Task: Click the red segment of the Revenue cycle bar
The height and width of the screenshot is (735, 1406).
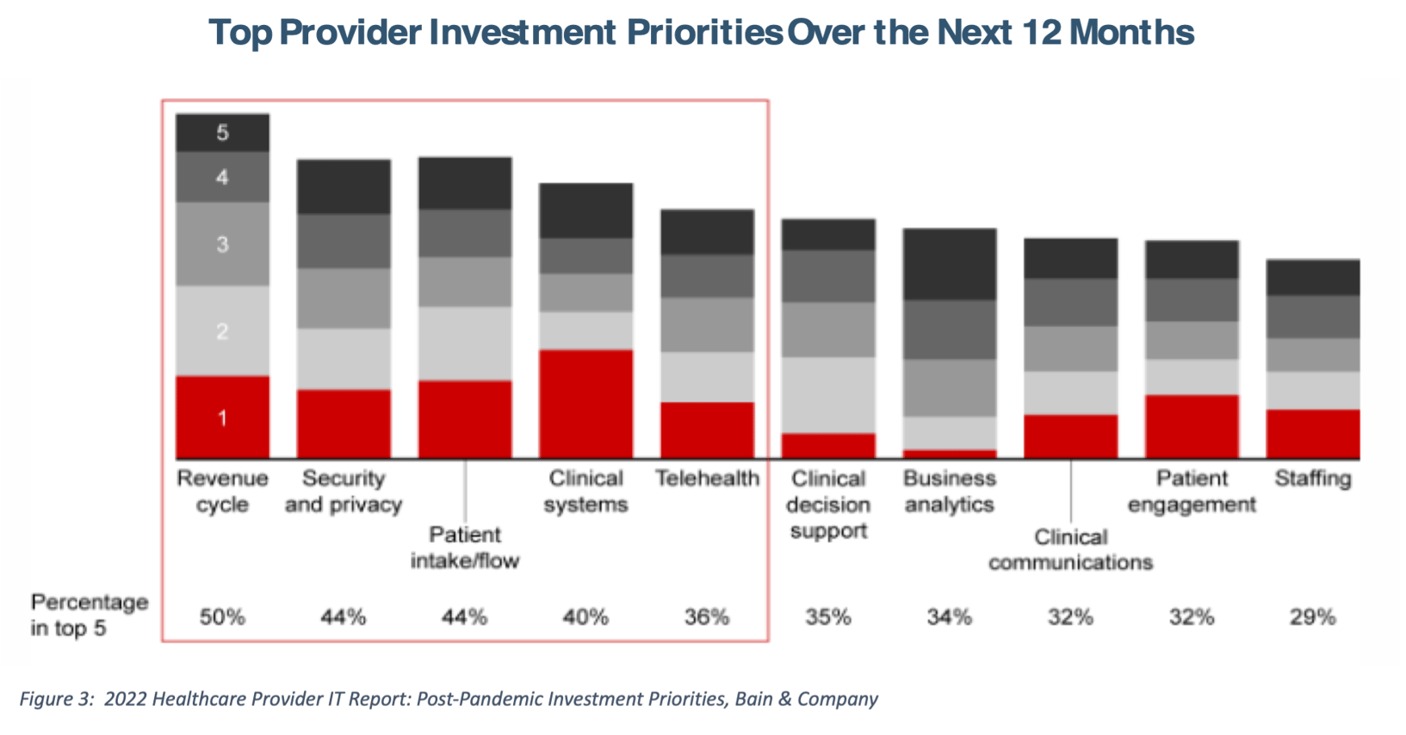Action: (222, 417)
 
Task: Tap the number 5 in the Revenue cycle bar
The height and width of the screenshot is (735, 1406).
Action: (222, 133)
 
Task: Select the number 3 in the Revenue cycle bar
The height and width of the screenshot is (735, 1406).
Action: (222, 244)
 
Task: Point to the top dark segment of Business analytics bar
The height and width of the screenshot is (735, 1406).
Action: (949, 264)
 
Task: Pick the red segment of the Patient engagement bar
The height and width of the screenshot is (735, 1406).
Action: (1192, 426)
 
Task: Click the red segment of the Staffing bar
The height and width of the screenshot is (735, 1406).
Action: (1312, 433)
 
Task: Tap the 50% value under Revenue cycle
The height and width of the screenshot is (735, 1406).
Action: (222, 617)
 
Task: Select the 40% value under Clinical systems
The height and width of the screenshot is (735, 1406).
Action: (585, 617)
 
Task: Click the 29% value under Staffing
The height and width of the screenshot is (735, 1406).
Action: (1312, 617)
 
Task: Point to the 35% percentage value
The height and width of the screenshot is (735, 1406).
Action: (827, 617)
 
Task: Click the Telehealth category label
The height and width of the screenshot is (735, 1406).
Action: (707, 479)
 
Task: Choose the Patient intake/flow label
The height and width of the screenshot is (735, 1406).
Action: (465, 547)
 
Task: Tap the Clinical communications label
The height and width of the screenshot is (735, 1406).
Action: (1070, 549)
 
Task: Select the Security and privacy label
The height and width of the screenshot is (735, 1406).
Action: (344, 491)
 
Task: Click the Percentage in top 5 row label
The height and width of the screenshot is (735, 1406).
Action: (89, 615)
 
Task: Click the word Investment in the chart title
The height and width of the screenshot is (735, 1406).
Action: (523, 33)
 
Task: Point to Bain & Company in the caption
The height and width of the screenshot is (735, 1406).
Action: (806, 699)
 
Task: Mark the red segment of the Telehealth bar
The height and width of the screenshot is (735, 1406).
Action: (707, 429)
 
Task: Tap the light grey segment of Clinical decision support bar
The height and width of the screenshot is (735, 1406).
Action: (827, 395)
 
